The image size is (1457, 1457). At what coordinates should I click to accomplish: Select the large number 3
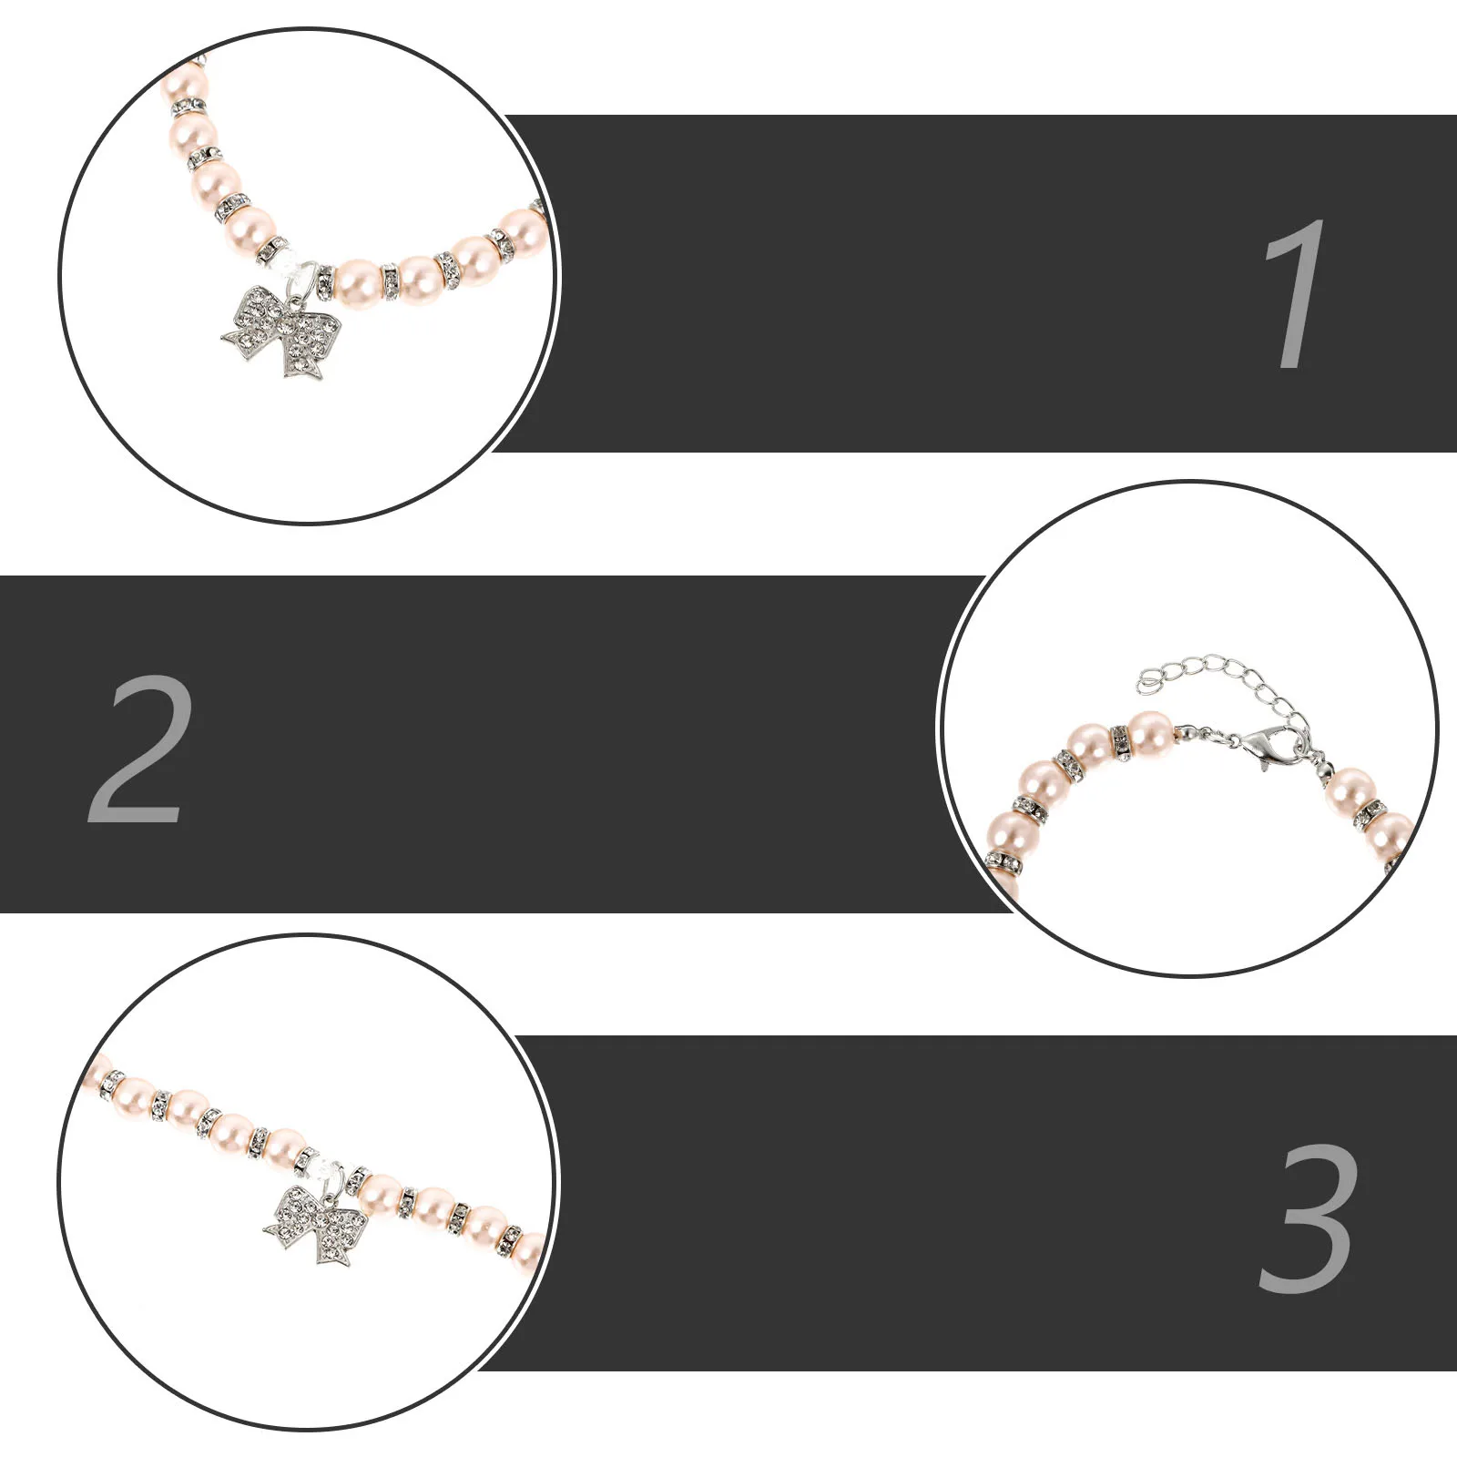1309,1218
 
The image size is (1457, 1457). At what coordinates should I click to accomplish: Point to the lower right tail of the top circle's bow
304,364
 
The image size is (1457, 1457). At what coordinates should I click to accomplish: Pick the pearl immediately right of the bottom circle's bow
381,1190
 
